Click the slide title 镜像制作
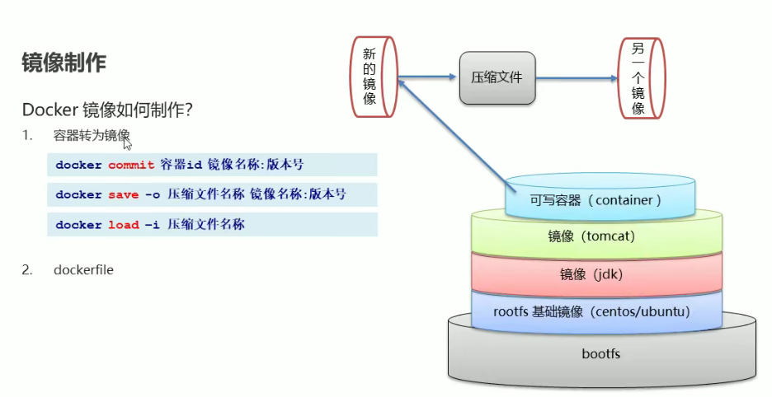coord(64,63)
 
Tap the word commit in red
coord(131,165)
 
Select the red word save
coord(124,195)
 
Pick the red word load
coord(124,225)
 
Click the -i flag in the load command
coord(151,225)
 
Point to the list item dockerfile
coord(83,269)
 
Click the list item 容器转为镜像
coord(92,135)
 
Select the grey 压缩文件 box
coord(497,77)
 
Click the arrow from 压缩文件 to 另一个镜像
coord(577,79)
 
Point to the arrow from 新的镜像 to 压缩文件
coord(426,78)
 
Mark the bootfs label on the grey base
coord(601,354)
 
